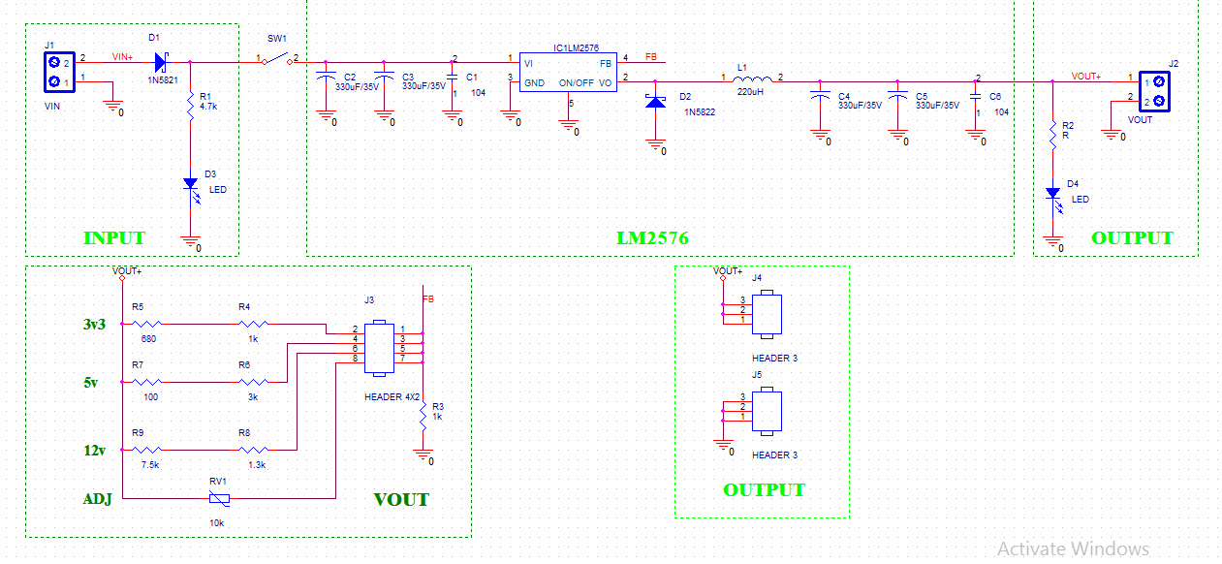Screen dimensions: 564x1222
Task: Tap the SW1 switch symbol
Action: [278, 61]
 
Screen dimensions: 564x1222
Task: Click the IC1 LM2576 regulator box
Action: [567, 72]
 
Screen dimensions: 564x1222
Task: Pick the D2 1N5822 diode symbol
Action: [656, 100]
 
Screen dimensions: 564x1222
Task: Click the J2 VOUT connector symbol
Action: [1153, 91]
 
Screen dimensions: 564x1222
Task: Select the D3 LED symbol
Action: [191, 183]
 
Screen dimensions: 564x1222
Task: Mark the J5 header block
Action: [768, 411]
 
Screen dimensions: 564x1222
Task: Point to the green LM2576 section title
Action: [653, 237]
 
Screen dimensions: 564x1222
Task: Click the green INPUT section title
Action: [113, 238]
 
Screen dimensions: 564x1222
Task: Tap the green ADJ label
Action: [97, 500]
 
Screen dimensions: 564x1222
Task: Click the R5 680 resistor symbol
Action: [148, 324]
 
